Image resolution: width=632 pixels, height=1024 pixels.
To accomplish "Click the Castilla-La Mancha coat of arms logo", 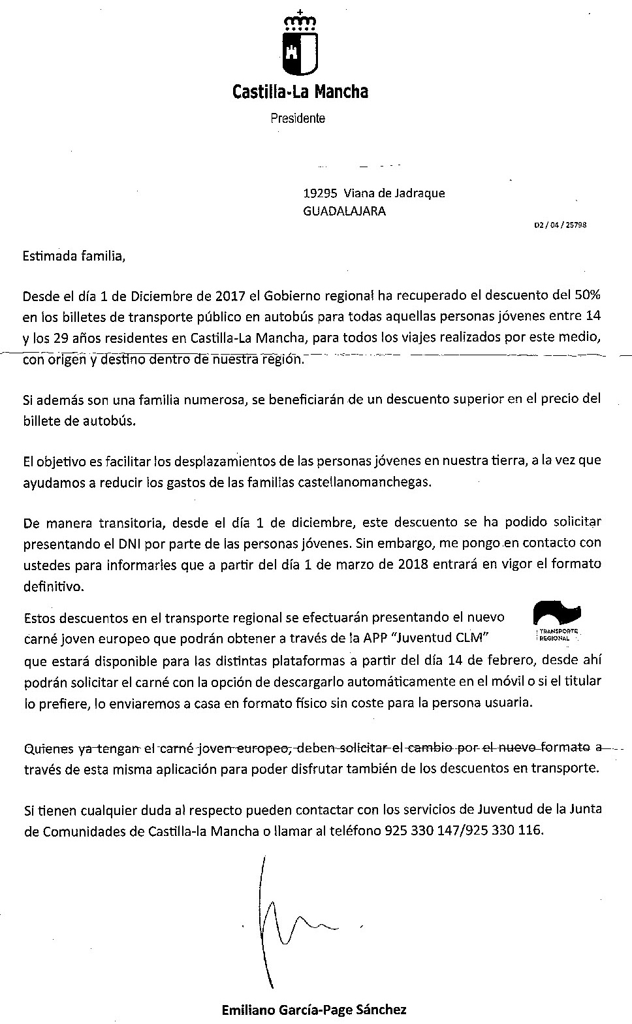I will click(x=300, y=45).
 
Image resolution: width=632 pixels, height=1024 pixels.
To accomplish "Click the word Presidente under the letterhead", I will click(x=298, y=119).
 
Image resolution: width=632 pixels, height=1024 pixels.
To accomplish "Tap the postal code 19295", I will click(x=320, y=193).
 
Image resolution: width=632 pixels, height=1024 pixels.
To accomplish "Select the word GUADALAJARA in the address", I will click(x=344, y=211).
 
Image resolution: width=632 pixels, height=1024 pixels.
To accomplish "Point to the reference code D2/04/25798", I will click(x=560, y=225).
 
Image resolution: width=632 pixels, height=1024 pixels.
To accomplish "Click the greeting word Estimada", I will click(x=49, y=255).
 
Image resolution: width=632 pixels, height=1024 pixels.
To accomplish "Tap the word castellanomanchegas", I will click(x=379, y=483).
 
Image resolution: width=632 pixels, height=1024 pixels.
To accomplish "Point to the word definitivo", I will click(x=54, y=586).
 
